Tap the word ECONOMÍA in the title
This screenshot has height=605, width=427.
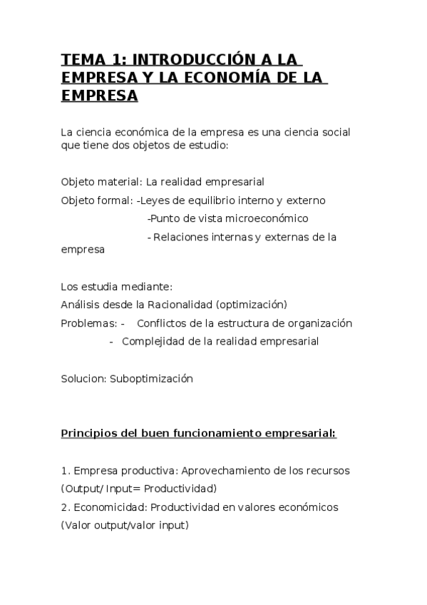[240, 76]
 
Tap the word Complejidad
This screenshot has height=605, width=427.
[152, 342]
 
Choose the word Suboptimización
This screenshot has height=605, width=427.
[151, 380]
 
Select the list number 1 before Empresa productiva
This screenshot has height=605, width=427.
[64, 471]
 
